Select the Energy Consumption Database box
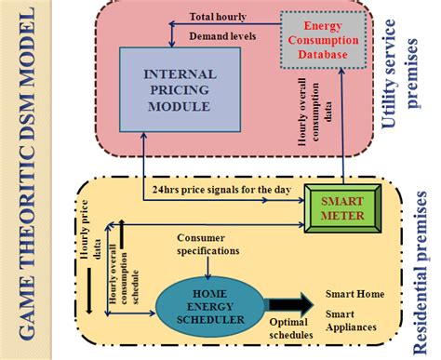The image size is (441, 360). click(317, 41)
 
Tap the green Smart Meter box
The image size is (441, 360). click(342, 207)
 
